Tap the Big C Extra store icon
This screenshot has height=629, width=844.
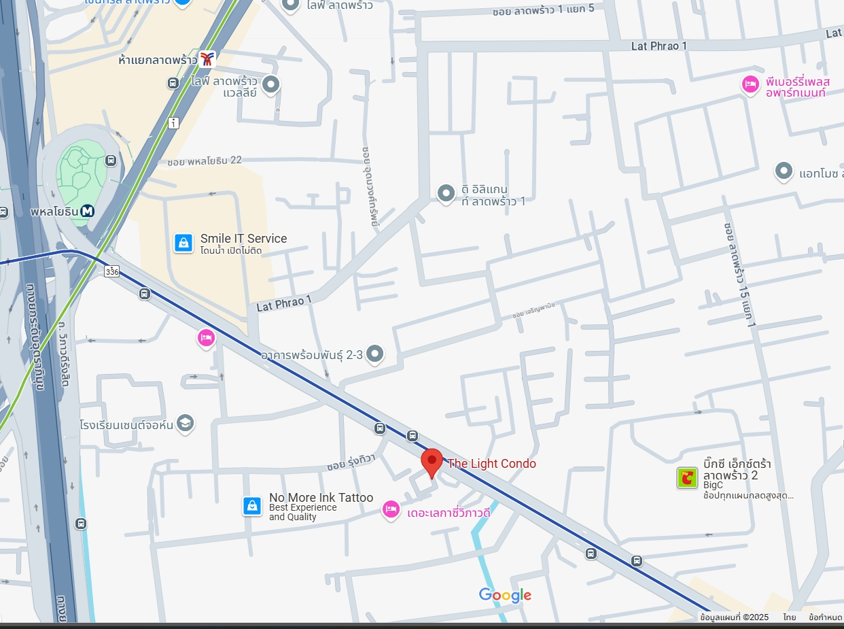[x=687, y=477]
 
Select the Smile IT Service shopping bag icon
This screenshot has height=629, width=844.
[x=183, y=243]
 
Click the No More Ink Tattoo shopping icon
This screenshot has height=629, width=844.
[x=252, y=506]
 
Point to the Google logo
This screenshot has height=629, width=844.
[x=505, y=596]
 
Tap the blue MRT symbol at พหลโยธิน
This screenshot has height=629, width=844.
[x=87, y=211]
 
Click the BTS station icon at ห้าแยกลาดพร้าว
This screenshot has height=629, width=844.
[x=207, y=59]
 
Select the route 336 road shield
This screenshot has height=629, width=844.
[x=112, y=271]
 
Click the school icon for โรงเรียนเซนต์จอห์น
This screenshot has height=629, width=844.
[x=184, y=424]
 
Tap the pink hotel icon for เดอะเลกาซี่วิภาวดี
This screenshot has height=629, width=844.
[x=391, y=509]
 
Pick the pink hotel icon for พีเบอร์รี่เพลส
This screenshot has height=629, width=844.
[x=750, y=85]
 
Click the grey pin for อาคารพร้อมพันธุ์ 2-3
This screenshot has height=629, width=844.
[x=374, y=354]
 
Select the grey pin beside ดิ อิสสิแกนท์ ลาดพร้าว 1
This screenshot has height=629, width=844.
[x=446, y=194]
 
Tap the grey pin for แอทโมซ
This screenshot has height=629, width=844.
[x=784, y=171]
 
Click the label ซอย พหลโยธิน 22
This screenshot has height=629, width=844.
[x=204, y=161]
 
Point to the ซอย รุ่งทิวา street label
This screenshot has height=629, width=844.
[x=351, y=462]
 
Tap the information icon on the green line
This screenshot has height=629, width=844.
[x=174, y=123]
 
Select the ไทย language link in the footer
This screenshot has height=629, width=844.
[x=789, y=617]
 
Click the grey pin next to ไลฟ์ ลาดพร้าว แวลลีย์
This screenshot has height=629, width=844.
[x=271, y=85]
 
